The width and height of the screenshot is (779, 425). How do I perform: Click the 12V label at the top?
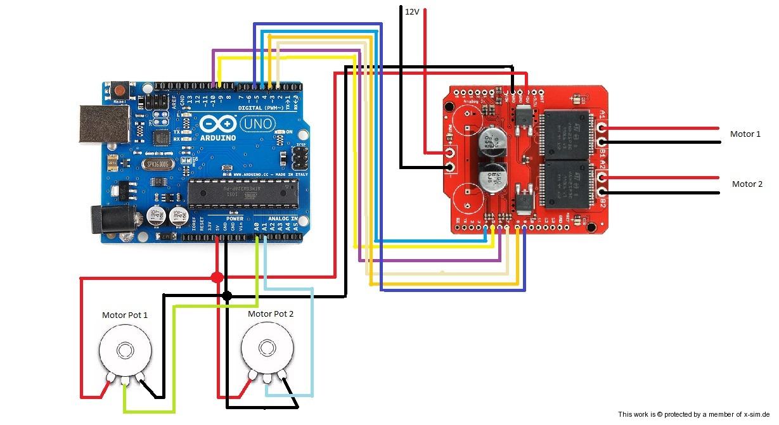412,11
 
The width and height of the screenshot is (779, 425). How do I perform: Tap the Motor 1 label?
745,134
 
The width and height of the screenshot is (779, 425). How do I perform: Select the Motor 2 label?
747,184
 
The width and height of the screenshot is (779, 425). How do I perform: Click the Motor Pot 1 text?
125,315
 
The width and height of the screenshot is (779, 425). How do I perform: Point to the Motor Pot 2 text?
271,314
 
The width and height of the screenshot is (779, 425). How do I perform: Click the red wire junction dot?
217,277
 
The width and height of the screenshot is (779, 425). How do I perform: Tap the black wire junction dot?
227,295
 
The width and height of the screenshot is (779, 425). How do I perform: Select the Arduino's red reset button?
119,88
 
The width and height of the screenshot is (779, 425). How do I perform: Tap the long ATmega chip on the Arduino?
243,194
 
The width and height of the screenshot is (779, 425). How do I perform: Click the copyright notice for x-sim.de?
693,414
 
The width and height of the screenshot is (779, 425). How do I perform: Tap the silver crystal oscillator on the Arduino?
157,164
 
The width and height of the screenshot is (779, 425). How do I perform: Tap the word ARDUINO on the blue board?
217,137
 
